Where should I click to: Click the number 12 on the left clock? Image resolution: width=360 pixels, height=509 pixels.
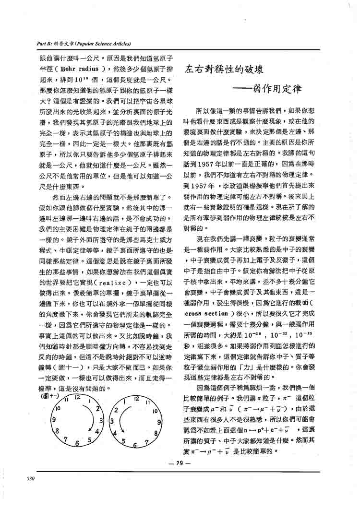pos(77,398)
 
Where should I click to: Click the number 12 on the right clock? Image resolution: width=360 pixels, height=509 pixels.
pos(136,399)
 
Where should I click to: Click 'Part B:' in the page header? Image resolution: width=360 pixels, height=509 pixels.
pos(45,44)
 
